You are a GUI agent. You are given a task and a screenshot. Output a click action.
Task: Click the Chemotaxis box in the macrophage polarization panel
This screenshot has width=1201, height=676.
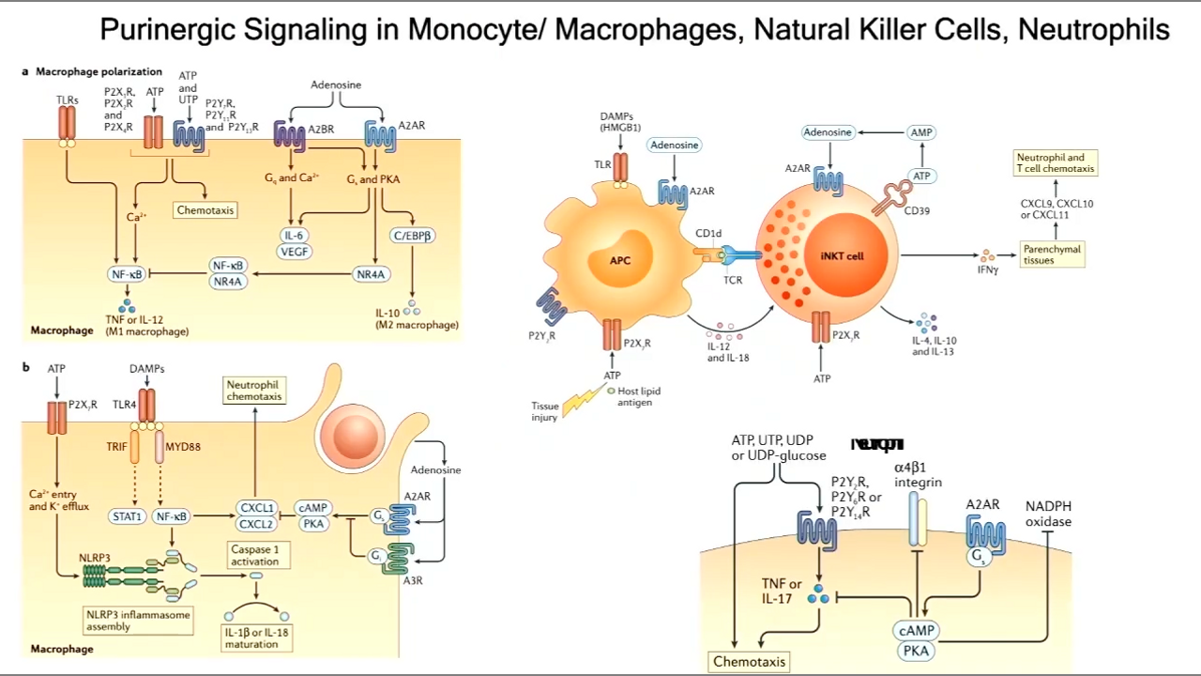[x=205, y=210]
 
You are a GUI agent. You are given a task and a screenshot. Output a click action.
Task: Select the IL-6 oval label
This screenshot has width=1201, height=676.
[x=295, y=236]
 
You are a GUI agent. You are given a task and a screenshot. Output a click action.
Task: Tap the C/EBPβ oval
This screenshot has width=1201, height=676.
[x=413, y=236]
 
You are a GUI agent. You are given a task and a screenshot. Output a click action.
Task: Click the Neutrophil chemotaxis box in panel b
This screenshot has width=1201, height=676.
[x=254, y=391]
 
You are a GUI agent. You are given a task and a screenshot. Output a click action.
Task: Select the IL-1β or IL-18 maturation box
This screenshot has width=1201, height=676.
[x=257, y=638]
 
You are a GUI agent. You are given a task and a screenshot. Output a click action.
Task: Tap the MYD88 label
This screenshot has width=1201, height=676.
[x=184, y=447]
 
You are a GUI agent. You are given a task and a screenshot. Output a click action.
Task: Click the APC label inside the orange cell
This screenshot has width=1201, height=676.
[x=620, y=261]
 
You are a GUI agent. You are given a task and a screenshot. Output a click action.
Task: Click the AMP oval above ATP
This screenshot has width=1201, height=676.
[x=921, y=133]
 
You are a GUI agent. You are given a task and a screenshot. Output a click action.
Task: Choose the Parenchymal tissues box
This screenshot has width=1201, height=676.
[x=1053, y=254]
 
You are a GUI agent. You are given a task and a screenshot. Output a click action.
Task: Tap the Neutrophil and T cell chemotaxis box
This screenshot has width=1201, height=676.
[x=1055, y=163]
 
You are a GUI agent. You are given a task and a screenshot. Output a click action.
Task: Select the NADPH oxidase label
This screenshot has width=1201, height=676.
[x=1048, y=514]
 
